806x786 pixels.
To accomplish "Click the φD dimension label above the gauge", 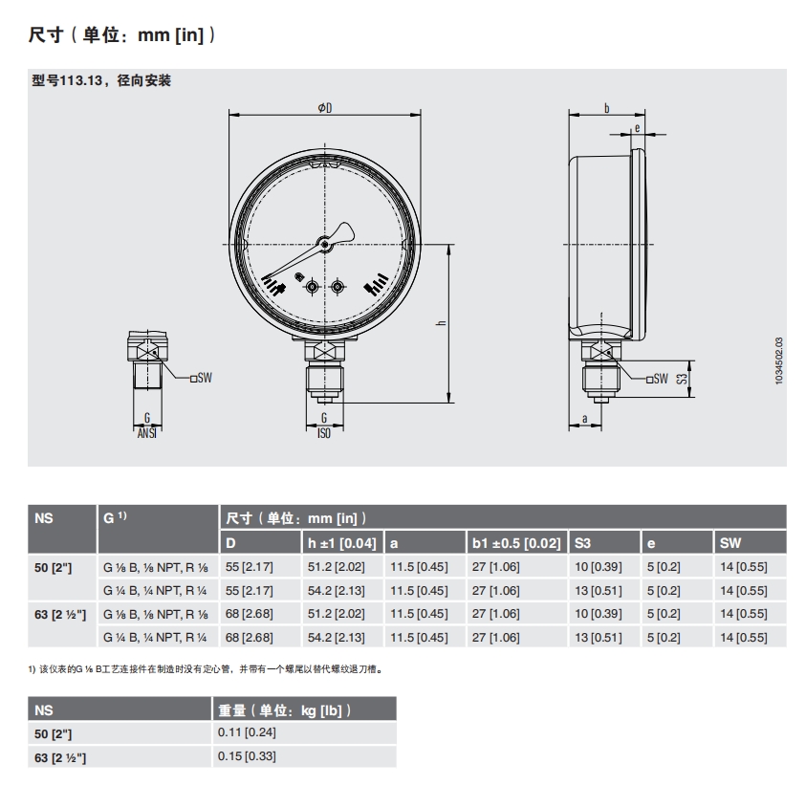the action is tap(325, 108).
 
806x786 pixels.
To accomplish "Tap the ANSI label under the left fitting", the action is tap(147, 433).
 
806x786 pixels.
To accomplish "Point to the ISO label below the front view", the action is tap(324, 433).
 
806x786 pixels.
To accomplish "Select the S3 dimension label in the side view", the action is tap(682, 379).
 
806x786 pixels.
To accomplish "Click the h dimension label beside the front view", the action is tap(441, 323).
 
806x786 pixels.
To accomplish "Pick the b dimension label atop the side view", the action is tap(607, 108).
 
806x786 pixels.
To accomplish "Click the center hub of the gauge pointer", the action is tap(324, 244).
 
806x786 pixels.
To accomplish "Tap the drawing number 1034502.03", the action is tap(779, 360).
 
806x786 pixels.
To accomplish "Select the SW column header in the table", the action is tap(730, 543).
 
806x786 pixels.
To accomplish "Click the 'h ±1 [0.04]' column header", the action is tap(342, 543).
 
